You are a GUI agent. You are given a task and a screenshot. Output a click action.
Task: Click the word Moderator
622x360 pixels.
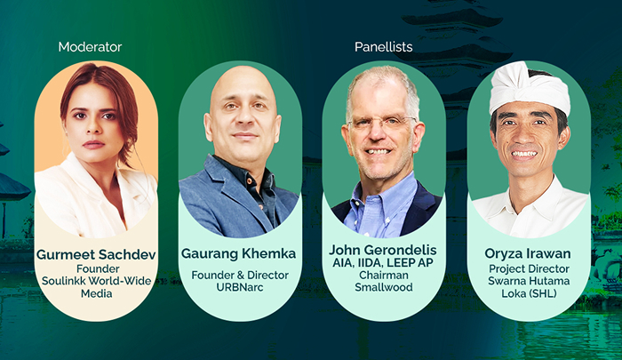point(90,46)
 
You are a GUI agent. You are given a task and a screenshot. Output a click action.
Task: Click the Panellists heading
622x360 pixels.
point(384,46)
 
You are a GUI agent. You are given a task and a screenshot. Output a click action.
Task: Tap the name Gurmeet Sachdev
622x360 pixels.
point(96,254)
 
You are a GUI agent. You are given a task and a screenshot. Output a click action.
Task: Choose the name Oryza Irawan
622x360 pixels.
point(529,254)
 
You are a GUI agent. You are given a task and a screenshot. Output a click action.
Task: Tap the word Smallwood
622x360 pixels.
point(384,287)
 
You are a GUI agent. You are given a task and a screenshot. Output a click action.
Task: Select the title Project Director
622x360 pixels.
point(529,269)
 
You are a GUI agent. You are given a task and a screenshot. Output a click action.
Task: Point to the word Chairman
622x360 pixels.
point(384,275)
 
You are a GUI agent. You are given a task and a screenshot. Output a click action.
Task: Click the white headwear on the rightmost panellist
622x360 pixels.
point(530,86)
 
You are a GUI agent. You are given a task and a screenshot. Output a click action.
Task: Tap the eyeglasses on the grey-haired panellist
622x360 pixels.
point(382,123)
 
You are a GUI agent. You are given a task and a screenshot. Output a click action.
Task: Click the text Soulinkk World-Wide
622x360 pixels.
point(96,281)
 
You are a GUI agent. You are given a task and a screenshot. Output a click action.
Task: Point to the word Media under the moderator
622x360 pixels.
point(96,293)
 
